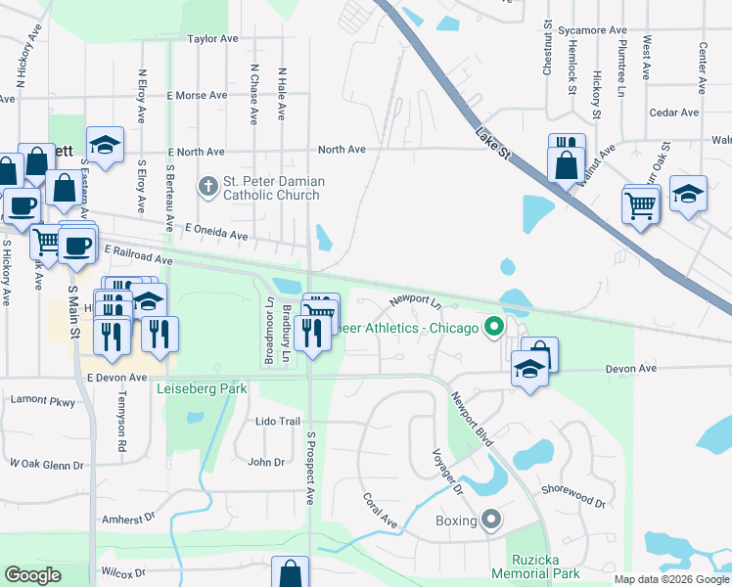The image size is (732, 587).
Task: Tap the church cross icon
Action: coord(206,183)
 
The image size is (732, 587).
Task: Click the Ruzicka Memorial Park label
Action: coord(536,566)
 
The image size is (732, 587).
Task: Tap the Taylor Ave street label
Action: coord(213,39)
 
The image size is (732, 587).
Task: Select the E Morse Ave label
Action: coord(197,96)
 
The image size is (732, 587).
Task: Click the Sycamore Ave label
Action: coord(592,30)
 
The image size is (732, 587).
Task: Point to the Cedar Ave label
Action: coord(673,113)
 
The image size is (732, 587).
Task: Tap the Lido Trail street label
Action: coord(277,421)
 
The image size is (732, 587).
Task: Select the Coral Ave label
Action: coord(380,511)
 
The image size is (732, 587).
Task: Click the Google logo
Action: coord(32,575)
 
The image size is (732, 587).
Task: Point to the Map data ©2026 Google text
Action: coord(671,579)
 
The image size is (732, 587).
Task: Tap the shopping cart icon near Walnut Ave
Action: coord(641,205)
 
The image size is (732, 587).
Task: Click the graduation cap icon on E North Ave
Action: coord(105,145)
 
